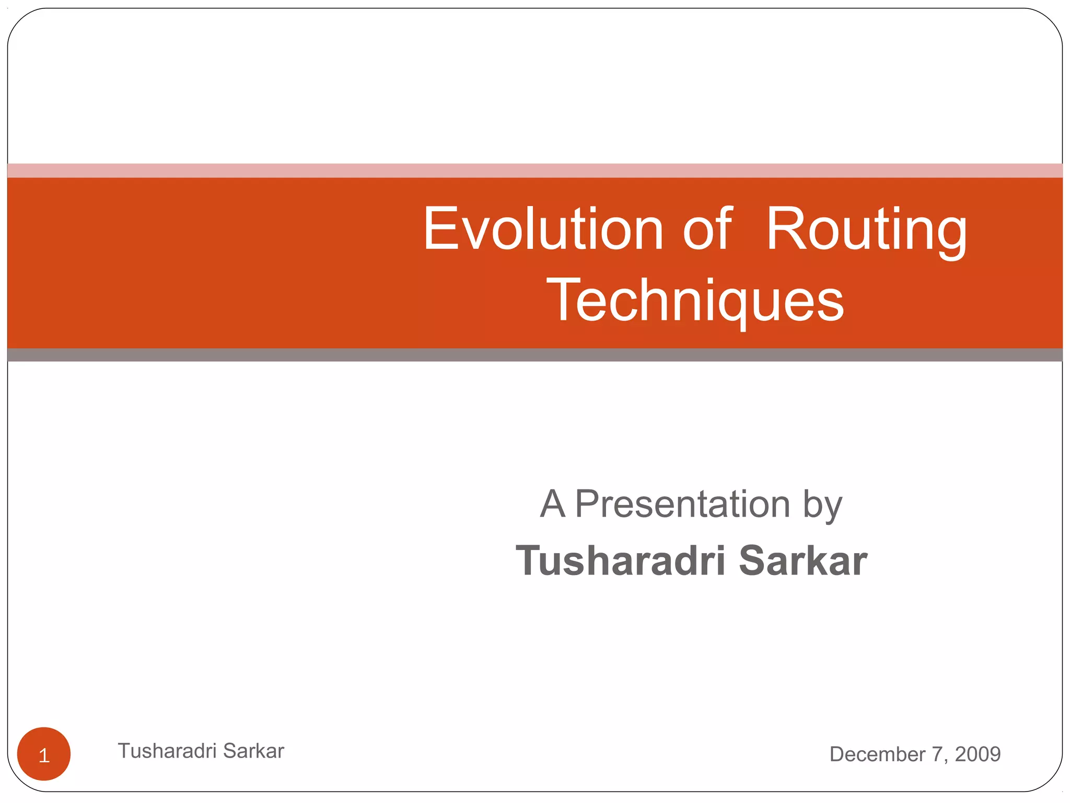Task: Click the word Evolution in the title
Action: tap(543, 229)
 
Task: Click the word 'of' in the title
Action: tap(707, 229)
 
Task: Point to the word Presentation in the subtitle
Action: tap(682, 504)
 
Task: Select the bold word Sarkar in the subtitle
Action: tap(803, 561)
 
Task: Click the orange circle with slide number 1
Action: tap(44, 754)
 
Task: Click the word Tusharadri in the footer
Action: tap(167, 751)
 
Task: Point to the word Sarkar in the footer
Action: tap(254, 751)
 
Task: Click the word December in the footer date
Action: tap(878, 754)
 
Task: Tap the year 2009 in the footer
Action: tap(978, 754)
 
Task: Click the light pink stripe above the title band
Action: tap(535, 170)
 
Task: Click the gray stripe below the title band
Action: tap(535, 355)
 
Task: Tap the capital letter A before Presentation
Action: tap(553, 504)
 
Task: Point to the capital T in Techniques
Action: tap(562, 299)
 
